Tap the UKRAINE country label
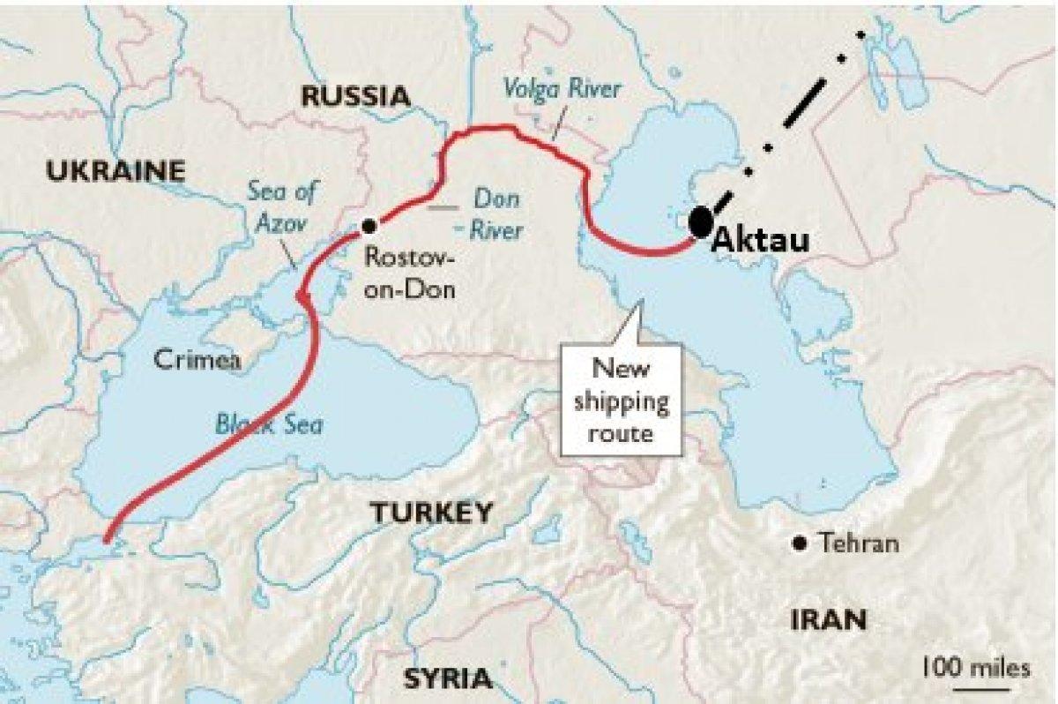[115, 170]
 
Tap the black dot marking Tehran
[801, 543]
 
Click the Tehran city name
[859, 543]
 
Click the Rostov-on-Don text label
[410, 273]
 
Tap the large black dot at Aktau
[701, 221]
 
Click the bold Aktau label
[759, 240]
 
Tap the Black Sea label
[269, 424]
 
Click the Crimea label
[197, 359]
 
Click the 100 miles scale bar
[974, 676]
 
